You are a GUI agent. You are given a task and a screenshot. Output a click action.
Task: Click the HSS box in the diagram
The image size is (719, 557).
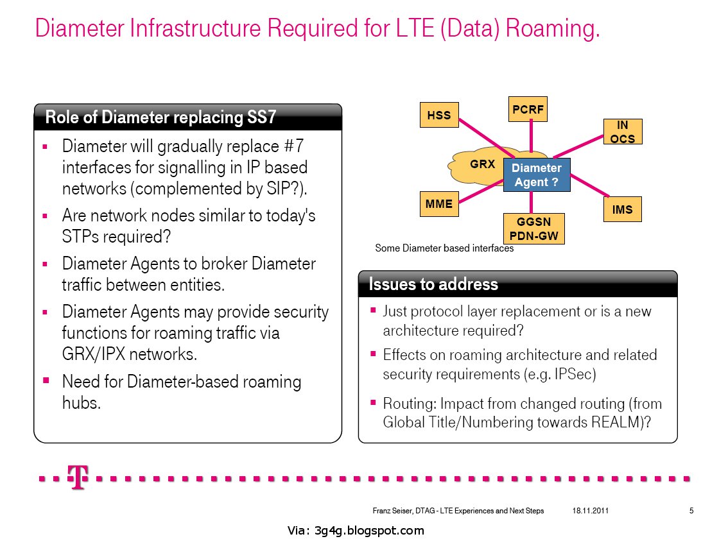tap(439, 116)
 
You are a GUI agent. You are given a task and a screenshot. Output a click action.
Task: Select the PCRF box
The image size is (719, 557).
tap(528, 110)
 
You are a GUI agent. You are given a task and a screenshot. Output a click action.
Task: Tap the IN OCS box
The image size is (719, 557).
tap(623, 132)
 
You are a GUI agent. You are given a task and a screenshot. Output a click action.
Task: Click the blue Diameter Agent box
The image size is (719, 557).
tap(537, 175)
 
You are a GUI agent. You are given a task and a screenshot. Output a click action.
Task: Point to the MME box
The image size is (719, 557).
tap(439, 204)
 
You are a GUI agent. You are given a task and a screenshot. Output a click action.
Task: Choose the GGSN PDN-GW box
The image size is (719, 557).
tap(533, 228)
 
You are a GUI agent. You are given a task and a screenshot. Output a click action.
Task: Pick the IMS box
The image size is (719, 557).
tap(622, 210)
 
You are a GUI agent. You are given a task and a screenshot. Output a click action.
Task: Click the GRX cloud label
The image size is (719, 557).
tap(482, 164)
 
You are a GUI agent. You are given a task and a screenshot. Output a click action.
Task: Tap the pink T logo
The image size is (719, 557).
tap(78, 478)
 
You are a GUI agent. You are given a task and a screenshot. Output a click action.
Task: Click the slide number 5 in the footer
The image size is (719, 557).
tap(691, 511)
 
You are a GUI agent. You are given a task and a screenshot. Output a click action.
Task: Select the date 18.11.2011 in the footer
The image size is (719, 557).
tap(590, 511)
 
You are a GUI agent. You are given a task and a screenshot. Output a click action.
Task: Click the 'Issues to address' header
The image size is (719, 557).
tap(433, 284)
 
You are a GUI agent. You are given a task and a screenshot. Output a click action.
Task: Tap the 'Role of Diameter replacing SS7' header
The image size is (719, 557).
tap(160, 117)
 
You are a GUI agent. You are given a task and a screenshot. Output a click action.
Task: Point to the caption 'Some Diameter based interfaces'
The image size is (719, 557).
tap(444, 248)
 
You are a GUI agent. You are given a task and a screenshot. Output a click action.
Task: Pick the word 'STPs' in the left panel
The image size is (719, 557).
tap(82, 236)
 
